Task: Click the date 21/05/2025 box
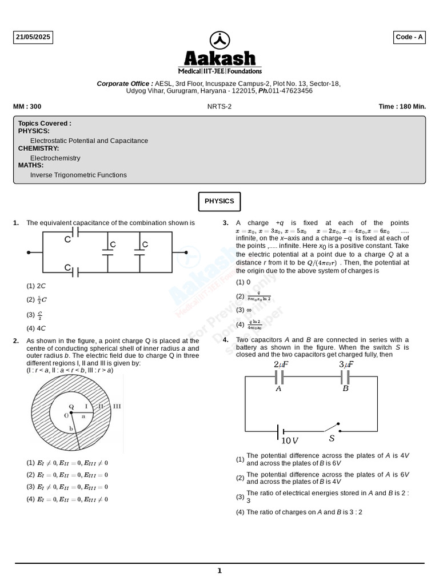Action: pos(33,38)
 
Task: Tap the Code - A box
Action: pos(409,38)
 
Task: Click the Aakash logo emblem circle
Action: pos(219,40)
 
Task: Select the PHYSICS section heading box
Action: pos(219,201)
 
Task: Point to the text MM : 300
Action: pos(27,107)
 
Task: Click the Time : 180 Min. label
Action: pos(402,107)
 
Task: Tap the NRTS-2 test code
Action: pos(219,107)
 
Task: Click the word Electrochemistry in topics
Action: pos(55,158)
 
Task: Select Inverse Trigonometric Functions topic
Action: pos(78,175)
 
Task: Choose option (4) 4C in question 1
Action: pos(37,328)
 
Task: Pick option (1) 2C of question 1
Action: pos(37,286)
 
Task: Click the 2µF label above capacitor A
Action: pos(281,364)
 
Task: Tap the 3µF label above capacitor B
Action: pos(346,364)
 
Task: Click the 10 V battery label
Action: pos(290,440)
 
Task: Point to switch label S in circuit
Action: pos(332,439)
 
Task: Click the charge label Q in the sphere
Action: pos(71,407)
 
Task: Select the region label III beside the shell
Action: pos(117,407)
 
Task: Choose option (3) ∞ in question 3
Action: pos(245,310)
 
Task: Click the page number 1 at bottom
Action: pos(219,571)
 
